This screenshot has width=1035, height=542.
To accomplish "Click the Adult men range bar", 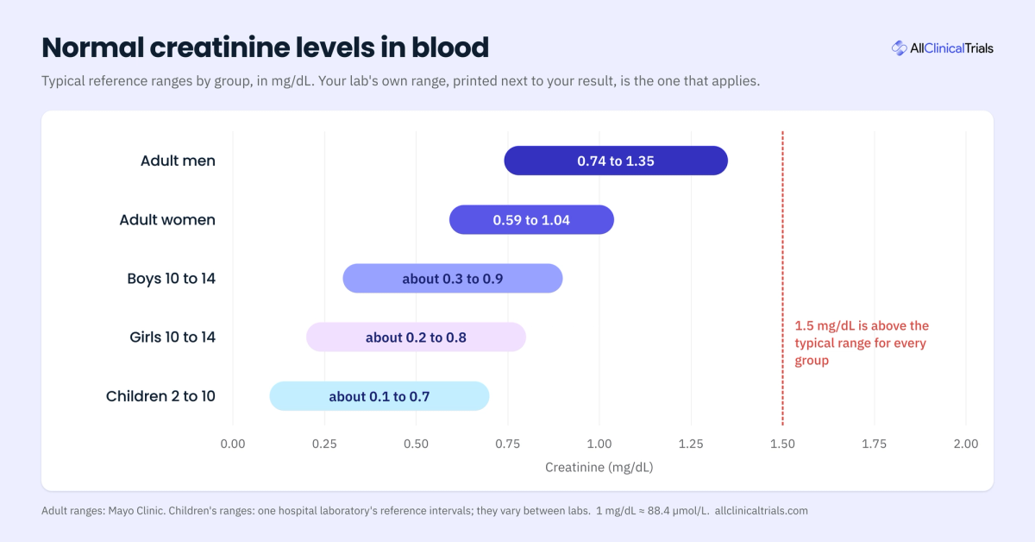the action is pyautogui.click(x=616, y=161).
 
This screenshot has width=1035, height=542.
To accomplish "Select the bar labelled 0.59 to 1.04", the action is pyautogui.click(x=531, y=220).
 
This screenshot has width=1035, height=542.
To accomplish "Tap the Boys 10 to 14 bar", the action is pyautogui.click(x=453, y=279).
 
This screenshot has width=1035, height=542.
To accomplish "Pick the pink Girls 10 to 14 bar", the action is pyautogui.click(x=416, y=337).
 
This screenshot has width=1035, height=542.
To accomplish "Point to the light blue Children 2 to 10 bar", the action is pyautogui.click(x=379, y=396).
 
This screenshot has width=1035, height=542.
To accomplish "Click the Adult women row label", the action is pyautogui.click(x=167, y=220).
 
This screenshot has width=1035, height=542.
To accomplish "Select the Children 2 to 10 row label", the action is pyautogui.click(x=160, y=396).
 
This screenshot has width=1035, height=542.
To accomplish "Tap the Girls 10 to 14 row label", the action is pyautogui.click(x=172, y=337).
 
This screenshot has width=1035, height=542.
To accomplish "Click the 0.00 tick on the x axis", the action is pyautogui.click(x=233, y=444).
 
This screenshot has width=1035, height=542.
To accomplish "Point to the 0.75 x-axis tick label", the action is pyautogui.click(x=508, y=444).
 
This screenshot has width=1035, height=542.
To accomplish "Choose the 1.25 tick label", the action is pyautogui.click(x=691, y=444).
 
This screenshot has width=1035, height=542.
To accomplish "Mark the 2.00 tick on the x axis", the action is pyautogui.click(x=966, y=444).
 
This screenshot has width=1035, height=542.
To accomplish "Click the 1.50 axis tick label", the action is pyautogui.click(x=783, y=444).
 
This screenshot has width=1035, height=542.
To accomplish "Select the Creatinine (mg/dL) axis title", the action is pyautogui.click(x=599, y=467).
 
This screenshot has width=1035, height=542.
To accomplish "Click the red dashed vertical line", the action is pyautogui.click(x=783, y=279).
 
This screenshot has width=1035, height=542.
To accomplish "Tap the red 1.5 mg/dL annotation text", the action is pyautogui.click(x=862, y=343).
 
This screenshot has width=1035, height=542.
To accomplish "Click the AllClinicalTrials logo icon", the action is pyautogui.click(x=899, y=48).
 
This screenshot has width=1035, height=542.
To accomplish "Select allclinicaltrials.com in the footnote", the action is pyautogui.click(x=762, y=511).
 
